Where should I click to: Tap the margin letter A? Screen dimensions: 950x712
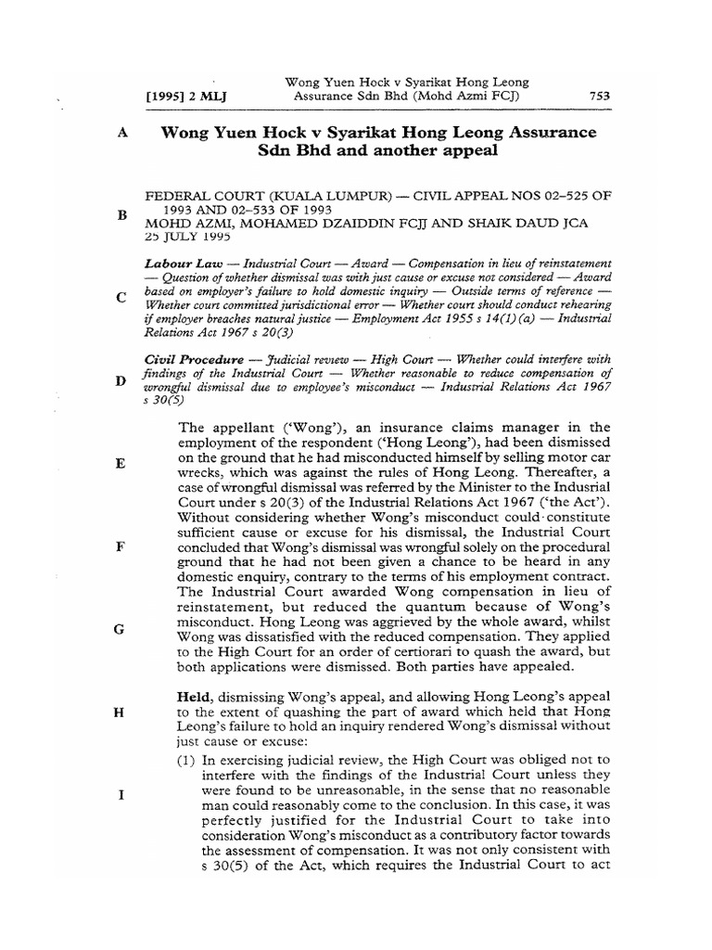[x=121, y=134]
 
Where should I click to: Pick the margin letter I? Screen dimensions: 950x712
[x=121, y=794]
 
